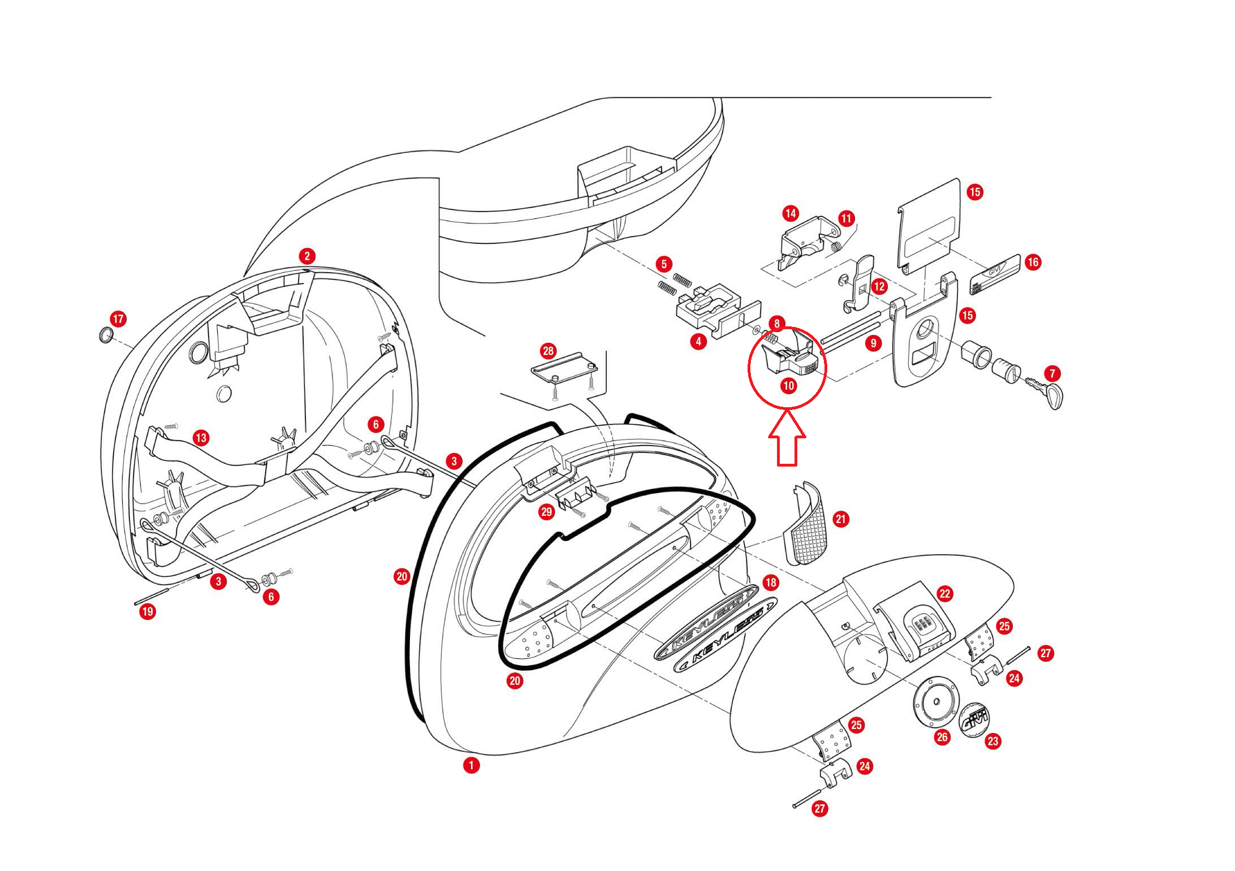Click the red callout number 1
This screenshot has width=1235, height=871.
471,765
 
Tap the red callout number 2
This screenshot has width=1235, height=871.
307,256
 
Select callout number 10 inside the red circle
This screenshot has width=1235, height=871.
788,386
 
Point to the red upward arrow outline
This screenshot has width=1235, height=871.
787,441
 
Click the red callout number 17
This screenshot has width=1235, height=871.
118,319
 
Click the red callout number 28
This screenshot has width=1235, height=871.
548,351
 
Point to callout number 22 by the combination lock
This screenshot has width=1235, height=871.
945,593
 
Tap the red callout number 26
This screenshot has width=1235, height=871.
942,738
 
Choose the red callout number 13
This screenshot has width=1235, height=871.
201,437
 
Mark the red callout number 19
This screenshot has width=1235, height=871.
148,611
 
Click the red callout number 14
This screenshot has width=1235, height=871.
791,213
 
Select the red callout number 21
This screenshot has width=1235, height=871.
841,519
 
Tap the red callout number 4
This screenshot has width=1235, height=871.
698,342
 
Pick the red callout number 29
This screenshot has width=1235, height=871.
546,512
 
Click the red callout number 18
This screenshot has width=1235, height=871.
770,582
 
